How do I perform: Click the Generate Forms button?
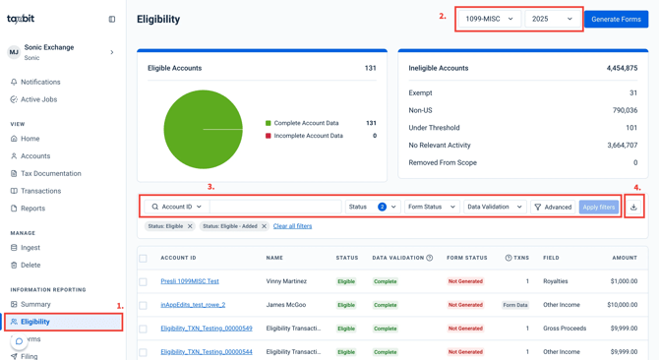point(616,20)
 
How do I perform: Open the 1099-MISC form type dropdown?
point(490,19)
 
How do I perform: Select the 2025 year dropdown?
point(552,19)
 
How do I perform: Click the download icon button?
point(633,207)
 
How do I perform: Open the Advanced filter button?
point(553,207)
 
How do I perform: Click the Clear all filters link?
point(292,226)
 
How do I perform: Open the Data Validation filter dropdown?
point(495,207)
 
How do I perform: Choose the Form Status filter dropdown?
point(432,207)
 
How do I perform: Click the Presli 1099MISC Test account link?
point(190,281)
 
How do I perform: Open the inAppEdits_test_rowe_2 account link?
point(193,305)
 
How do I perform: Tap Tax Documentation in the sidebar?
point(51,173)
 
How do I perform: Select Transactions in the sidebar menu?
point(40,191)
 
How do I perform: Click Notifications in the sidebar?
point(40,82)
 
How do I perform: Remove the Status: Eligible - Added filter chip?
point(264,226)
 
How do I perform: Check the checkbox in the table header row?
point(143,258)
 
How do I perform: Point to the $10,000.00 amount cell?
point(622,305)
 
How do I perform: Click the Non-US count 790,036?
point(625,110)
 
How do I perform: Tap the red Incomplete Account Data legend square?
point(269,136)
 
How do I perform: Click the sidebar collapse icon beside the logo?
point(112,19)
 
